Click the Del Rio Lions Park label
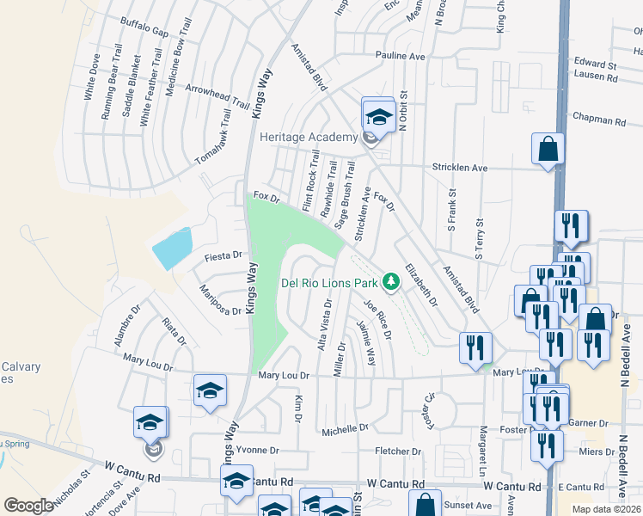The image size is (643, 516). point(330,282)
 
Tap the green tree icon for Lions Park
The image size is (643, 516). point(391,281)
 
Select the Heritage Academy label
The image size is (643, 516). point(308,138)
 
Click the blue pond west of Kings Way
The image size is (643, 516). point(173,248)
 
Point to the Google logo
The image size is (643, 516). point(29,505)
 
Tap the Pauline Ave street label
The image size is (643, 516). point(399,56)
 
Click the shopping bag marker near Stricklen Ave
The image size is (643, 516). point(548,150)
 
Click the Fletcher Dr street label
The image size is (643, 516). point(398,451)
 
